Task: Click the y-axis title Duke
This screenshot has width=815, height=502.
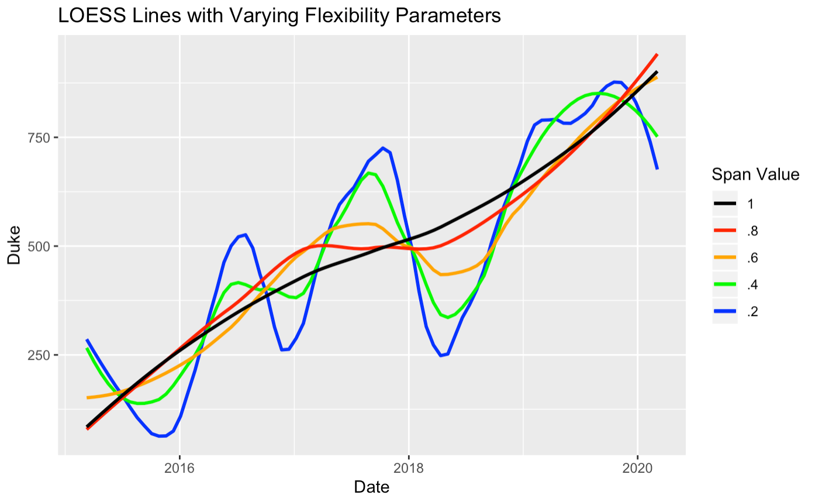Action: click(x=15, y=246)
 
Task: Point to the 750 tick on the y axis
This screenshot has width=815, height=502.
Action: click(x=45, y=137)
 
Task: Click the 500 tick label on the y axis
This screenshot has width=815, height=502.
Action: click(x=45, y=246)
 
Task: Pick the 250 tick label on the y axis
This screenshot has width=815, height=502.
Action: click(x=45, y=355)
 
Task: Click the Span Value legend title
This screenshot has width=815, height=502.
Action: click(x=755, y=174)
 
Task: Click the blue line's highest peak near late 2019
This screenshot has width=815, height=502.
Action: click(x=616, y=82)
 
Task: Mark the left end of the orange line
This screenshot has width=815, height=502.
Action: click(x=88, y=398)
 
